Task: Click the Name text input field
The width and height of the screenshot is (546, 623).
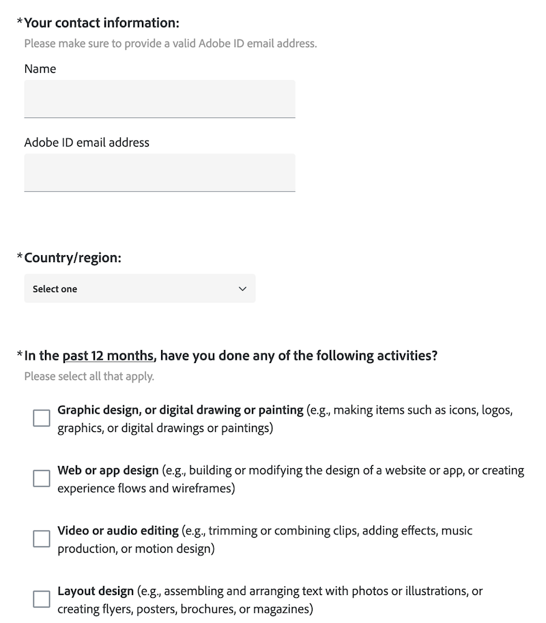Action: (159, 99)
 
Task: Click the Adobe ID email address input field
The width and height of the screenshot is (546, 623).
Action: (159, 173)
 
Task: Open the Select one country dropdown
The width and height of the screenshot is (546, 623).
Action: (139, 289)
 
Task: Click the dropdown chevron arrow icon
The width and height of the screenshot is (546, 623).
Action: (242, 289)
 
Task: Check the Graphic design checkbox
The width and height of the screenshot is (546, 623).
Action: (42, 418)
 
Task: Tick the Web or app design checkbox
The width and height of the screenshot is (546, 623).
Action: (42, 478)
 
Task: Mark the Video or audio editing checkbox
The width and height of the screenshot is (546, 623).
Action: (42, 538)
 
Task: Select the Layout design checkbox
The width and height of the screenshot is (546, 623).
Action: (42, 598)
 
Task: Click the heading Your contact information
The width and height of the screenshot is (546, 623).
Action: (102, 23)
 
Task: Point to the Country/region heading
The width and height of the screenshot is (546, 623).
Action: (73, 257)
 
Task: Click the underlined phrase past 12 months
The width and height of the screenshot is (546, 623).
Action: (108, 356)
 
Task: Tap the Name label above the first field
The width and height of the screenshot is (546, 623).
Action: (40, 69)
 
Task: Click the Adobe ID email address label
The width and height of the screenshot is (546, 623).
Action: (87, 143)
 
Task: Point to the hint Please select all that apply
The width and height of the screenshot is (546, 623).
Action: (89, 376)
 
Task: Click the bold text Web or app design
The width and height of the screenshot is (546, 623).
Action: (108, 470)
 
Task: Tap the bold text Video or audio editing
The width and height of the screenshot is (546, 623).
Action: (118, 530)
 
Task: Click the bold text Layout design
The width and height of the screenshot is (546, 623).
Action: (96, 590)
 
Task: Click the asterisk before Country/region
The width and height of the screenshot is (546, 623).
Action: (20, 257)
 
